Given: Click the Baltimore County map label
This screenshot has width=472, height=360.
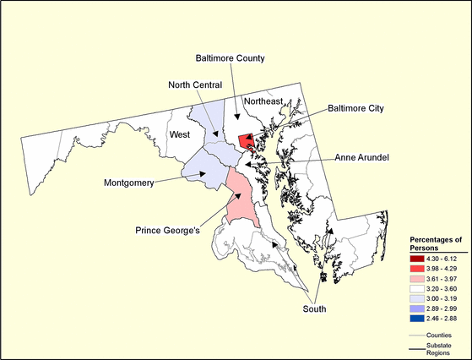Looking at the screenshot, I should tap(231, 58).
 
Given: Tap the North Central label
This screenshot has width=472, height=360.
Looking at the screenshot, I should tap(194, 85).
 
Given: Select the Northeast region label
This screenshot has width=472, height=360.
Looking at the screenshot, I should tap(263, 101).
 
